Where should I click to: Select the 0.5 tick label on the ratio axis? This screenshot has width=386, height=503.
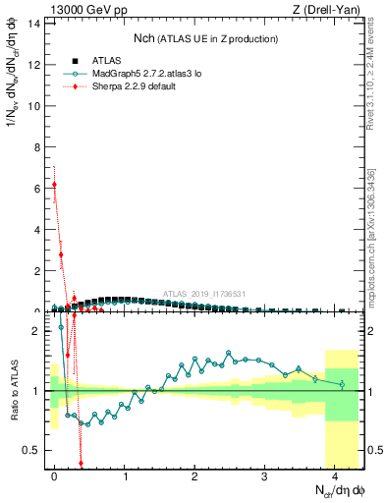point(31,450)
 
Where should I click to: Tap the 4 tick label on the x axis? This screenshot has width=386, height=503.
point(335,475)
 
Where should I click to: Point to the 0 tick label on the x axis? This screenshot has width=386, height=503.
point(55,475)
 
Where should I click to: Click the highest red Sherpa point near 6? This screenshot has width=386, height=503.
point(55,184)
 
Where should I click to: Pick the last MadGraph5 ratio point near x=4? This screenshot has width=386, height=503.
point(341,384)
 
